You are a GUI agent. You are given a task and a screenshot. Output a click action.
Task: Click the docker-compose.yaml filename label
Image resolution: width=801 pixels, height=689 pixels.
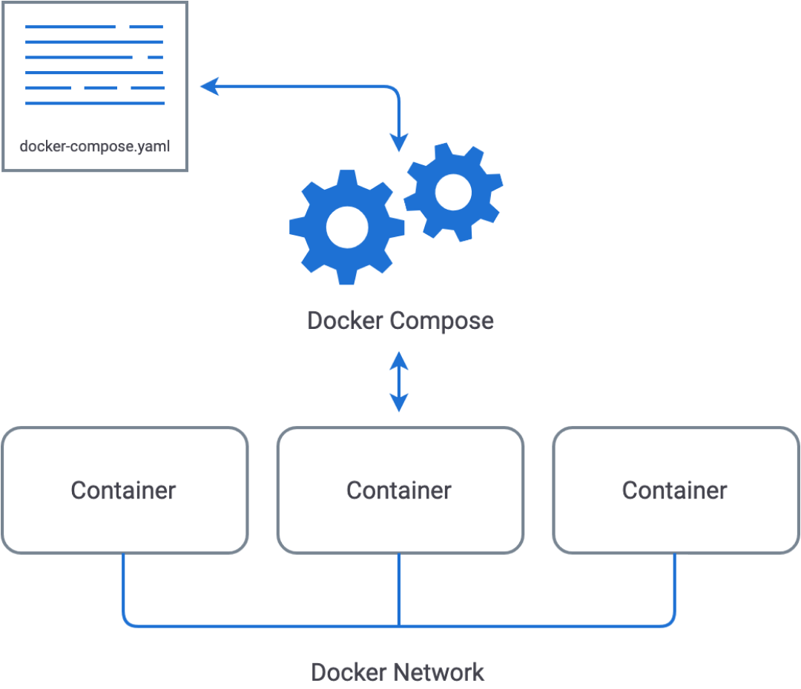coord(95,146)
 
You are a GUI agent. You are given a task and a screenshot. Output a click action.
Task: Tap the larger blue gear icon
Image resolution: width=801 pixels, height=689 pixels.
coord(346,227)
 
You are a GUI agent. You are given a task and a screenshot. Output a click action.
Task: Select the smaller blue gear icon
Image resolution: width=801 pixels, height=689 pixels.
coord(453,192)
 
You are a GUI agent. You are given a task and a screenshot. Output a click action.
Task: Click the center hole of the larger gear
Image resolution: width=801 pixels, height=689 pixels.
coord(346,227)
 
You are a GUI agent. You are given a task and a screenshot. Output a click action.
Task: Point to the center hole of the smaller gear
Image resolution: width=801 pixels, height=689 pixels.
coord(453,192)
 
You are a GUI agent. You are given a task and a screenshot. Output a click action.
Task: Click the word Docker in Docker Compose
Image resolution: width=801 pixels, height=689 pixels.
coord(346,321)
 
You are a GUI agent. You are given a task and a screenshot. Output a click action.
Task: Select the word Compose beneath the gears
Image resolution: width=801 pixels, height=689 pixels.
coord(442,322)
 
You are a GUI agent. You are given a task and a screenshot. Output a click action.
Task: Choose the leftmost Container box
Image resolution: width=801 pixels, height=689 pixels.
coord(124,490)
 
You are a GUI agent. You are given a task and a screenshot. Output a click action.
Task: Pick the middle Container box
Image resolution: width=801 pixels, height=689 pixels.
coord(400,490)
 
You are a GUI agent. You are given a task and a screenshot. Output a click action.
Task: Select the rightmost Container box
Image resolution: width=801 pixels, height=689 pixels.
coord(676,490)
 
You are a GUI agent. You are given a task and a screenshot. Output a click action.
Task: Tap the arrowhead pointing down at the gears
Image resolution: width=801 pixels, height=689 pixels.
coord(400,142)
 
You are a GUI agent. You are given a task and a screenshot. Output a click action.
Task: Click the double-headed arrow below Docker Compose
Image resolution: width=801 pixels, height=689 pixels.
coord(400,382)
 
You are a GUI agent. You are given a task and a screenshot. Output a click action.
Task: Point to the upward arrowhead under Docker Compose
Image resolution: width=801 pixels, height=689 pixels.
coord(400,360)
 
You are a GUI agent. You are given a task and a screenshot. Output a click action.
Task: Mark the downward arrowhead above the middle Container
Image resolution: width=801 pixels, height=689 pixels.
coord(400,403)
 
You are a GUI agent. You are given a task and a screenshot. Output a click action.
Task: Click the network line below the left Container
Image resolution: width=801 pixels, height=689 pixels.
coord(124,589)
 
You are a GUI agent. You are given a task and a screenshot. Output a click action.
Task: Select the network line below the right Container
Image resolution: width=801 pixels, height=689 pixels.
coord(675,589)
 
